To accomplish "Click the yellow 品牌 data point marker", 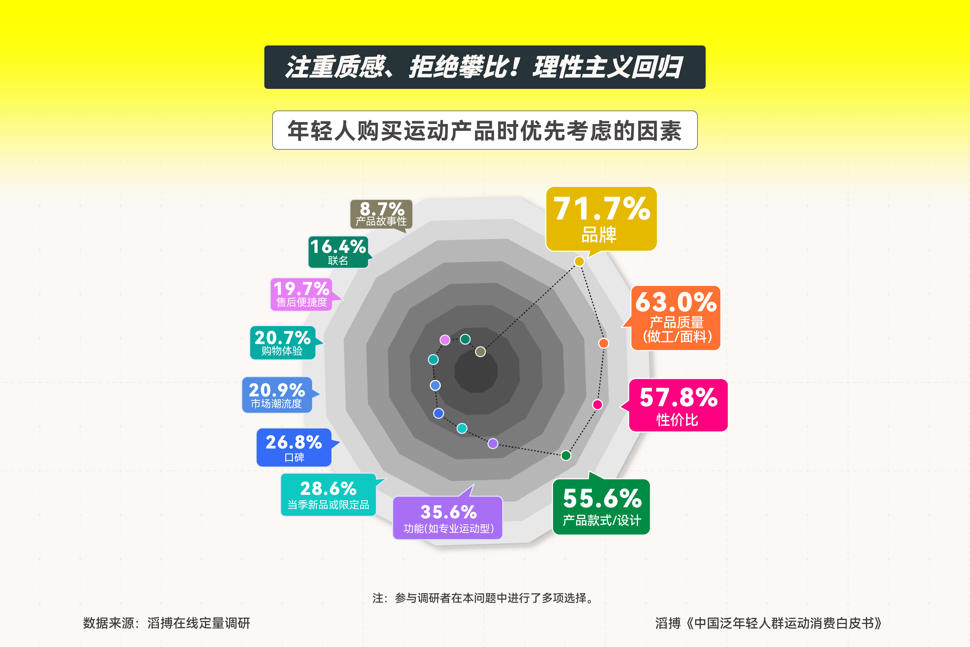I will point(579,261).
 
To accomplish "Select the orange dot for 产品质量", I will point(603,343).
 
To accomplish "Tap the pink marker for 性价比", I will point(597,404).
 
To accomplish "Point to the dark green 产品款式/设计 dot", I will point(566,455).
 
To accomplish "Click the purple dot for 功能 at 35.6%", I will point(493,444).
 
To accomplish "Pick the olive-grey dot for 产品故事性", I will point(481,352).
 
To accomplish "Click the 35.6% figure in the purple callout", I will point(448,512).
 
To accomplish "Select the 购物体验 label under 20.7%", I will point(282,351).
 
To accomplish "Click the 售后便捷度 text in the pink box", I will point(301,303).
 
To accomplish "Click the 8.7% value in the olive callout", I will point(381,208).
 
